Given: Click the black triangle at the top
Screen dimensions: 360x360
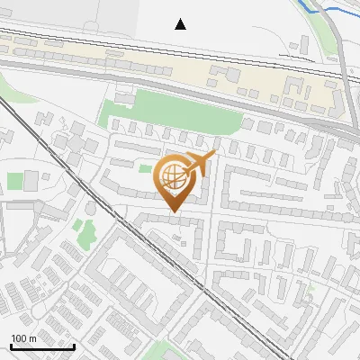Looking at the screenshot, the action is pyautogui.click(x=181, y=24).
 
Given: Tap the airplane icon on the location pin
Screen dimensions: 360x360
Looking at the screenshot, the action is pyautogui.click(x=198, y=164).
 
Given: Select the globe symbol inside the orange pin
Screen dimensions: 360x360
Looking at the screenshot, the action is pyautogui.click(x=173, y=177).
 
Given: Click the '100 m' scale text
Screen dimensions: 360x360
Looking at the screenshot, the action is pyautogui.click(x=23, y=338).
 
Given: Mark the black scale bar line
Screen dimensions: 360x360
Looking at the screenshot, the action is pyautogui.click(x=42, y=346).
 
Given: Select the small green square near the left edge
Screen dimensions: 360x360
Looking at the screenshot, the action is pyautogui.click(x=15, y=180).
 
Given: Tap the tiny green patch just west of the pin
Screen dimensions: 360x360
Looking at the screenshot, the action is pyautogui.click(x=144, y=168).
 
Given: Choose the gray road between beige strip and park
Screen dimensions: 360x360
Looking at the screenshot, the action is pyautogui.click(x=180, y=91).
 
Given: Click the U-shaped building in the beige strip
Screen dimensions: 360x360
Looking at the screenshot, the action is pyautogui.click(x=296, y=90).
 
